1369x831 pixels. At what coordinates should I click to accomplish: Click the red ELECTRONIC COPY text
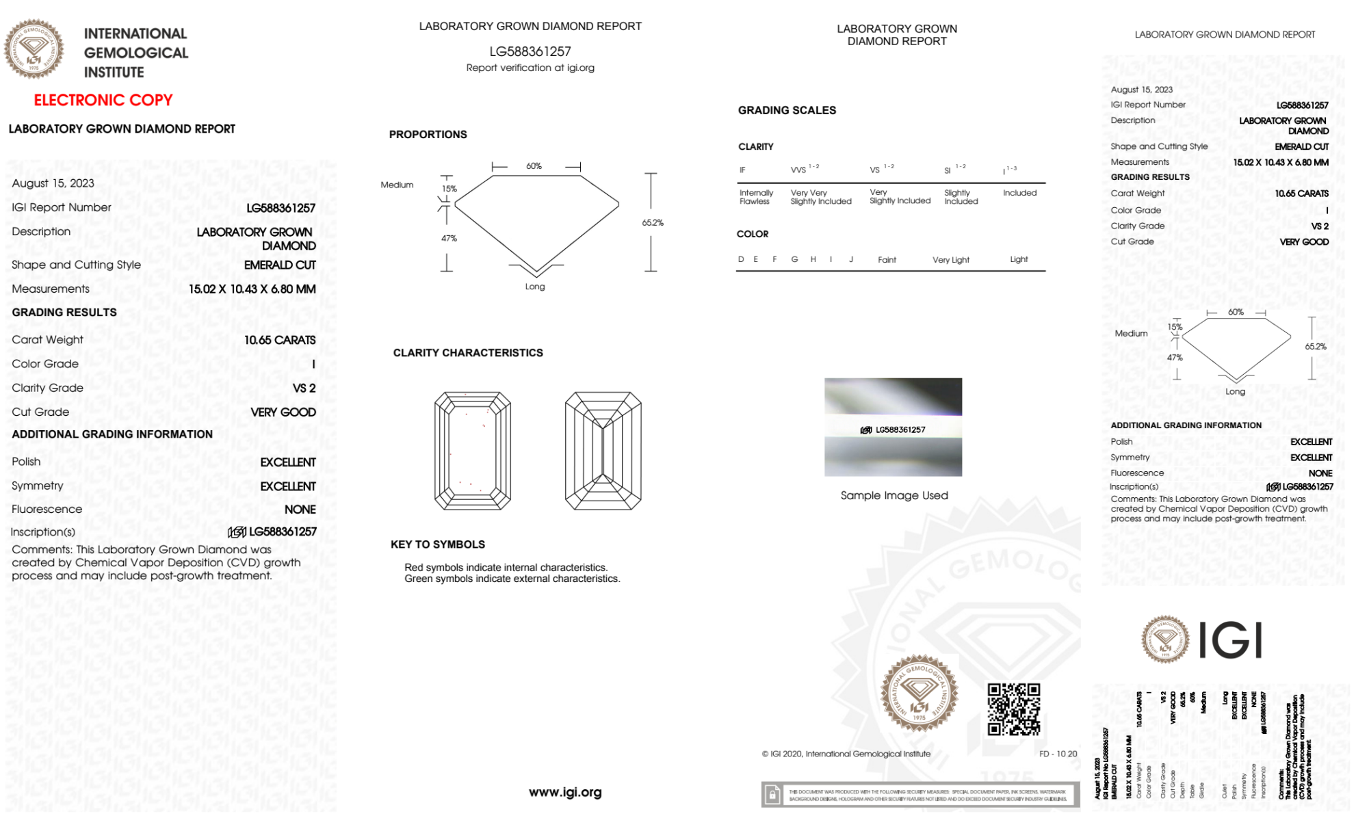(x=103, y=101)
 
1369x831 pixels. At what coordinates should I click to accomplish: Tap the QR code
(x=1013, y=709)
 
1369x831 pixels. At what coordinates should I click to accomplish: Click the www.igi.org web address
(x=565, y=792)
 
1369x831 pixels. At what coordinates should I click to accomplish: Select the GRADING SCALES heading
(x=787, y=110)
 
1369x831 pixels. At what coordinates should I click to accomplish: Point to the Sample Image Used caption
(x=894, y=495)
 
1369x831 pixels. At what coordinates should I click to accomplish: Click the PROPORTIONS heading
(x=428, y=135)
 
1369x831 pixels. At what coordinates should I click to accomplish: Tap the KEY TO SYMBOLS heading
(x=438, y=544)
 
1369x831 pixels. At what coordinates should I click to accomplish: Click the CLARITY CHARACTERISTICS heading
(x=468, y=353)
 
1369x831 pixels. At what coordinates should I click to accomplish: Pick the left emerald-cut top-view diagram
(x=473, y=451)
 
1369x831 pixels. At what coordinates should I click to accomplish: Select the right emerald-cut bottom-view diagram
(x=603, y=451)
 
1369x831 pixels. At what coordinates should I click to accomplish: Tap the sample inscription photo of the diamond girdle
(x=893, y=427)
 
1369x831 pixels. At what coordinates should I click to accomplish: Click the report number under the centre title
(x=530, y=51)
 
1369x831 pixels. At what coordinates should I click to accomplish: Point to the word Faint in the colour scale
(x=887, y=260)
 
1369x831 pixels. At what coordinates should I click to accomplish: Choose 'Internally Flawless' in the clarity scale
(x=756, y=197)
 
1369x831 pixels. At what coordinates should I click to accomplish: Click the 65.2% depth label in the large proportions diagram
(x=653, y=223)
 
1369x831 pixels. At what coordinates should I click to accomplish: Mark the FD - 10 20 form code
(x=1058, y=754)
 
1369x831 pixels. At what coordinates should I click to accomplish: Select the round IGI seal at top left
(x=34, y=49)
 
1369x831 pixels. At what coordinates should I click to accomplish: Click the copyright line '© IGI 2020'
(x=846, y=754)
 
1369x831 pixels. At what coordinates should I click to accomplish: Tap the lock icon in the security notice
(x=772, y=795)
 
